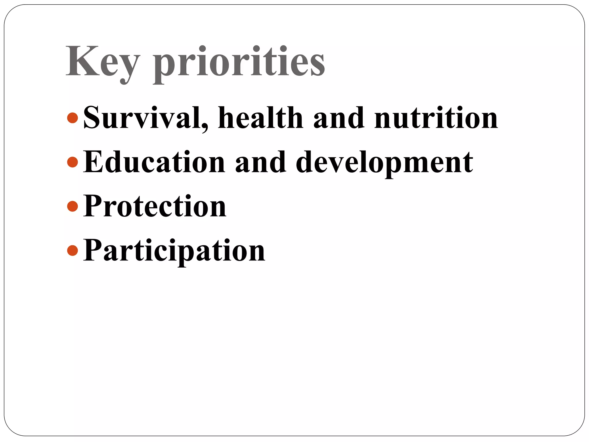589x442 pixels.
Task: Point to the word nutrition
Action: (x=436, y=118)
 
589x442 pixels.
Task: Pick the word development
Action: (x=384, y=163)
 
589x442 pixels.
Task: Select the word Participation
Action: (x=174, y=251)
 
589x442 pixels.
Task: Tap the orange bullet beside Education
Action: (x=72, y=162)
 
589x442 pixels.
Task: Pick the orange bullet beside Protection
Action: (x=72, y=206)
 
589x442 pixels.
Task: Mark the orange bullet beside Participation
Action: (x=72, y=250)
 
